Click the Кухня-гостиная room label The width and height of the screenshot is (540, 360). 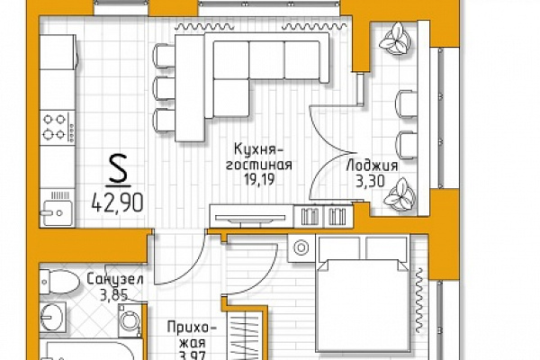[259, 157]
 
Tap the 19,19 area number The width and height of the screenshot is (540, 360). [259, 179]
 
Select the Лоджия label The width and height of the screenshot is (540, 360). [372, 166]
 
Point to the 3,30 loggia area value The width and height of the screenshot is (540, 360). [370, 181]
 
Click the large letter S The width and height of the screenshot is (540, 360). [119, 168]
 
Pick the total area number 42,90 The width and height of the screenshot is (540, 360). [117, 202]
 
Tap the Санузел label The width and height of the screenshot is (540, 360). [115, 279]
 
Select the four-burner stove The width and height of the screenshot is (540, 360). [58, 127]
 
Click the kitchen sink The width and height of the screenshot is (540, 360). [58, 208]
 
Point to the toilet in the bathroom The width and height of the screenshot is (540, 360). [58, 282]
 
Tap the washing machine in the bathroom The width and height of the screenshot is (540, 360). [130, 319]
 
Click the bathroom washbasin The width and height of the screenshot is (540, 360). [53, 317]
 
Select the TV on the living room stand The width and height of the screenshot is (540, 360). [250, 219]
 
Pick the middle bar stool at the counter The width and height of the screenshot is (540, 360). [164, 89]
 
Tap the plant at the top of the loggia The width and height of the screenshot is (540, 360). [395, 39]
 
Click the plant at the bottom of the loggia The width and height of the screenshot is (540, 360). [400, 194]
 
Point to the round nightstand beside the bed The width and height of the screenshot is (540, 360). [301, 247]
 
